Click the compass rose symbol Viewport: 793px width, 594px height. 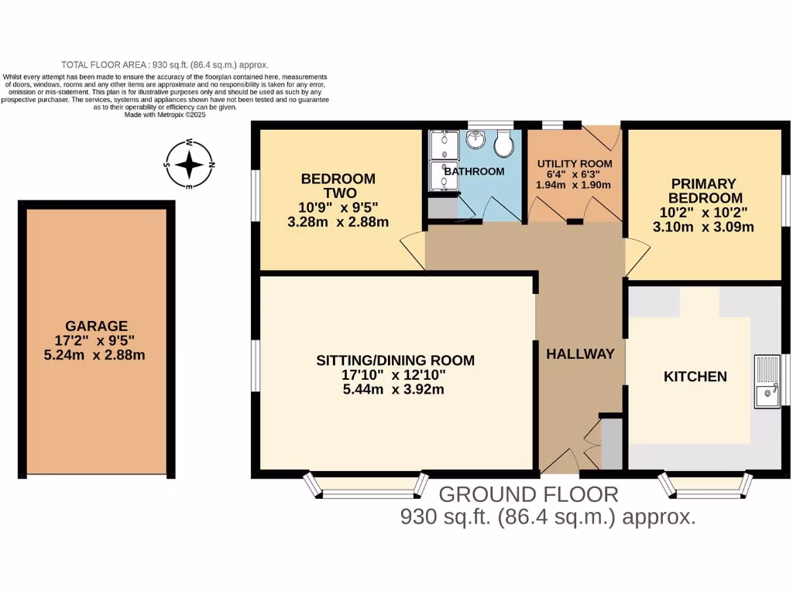188,164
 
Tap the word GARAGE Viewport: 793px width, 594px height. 96,326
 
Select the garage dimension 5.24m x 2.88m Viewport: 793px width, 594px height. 96,355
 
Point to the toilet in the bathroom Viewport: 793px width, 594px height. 504,143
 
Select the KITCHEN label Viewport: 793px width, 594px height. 695,377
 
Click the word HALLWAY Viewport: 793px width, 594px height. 580,353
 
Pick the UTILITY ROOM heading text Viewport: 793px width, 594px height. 574,163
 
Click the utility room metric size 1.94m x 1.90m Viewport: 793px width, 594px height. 574,185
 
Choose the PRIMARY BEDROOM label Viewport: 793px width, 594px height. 703,190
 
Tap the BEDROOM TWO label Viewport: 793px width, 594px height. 338,186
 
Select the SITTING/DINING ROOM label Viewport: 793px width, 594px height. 395,360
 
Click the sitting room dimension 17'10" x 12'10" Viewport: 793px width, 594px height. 395,375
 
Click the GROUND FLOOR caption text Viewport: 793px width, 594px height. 529,495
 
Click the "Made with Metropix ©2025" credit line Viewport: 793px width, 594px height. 164,114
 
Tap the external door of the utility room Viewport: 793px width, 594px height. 602,136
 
